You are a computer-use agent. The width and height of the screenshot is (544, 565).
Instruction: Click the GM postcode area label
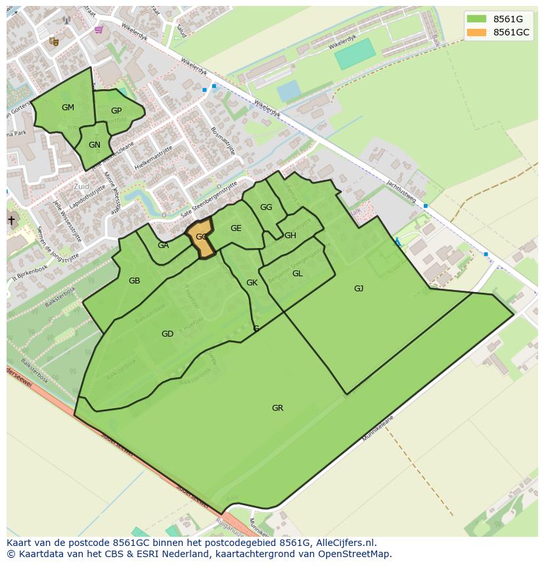pos(68,108)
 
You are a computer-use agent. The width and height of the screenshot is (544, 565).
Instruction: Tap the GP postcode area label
pos(116,111)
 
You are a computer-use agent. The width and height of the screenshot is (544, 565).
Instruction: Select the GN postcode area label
pos(95,145)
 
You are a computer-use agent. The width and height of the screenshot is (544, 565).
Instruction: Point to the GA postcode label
pos(164,245)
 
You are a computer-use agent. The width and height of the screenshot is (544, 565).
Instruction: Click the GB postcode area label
pos(134,281)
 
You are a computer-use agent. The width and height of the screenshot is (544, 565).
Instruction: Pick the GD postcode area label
pos(168,334)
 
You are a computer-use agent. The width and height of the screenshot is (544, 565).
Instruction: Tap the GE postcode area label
pos(236,228)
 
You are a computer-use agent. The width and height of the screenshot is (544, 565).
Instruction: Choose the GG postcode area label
pos(266,207)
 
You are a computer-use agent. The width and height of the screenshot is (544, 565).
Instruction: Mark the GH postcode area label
pos(290,236)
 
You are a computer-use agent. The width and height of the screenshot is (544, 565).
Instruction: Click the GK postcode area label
pos(252,283)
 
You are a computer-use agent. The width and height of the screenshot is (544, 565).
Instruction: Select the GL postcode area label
pos(298,274)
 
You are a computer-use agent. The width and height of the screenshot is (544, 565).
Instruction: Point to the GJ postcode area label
pos(359,289)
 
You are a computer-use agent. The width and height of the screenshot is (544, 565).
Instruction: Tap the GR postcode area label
pos(278,408)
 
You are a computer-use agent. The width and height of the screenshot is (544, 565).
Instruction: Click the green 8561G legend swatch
pos(476,19)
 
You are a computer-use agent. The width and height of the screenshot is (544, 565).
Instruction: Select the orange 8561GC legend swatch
pos(476,32)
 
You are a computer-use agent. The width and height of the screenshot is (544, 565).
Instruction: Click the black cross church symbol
pos(11,220)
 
